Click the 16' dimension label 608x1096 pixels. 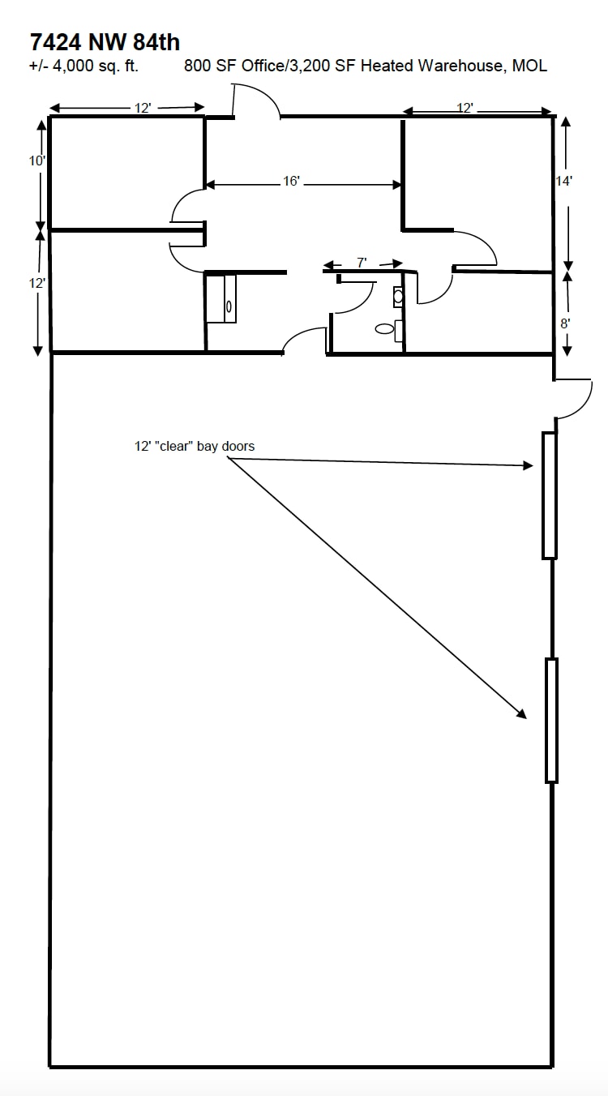(292, 182)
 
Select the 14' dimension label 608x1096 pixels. (564, 182)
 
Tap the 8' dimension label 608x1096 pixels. (566, 322)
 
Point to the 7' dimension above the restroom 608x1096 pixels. (362, 263)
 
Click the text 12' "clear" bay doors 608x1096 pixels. (195, 446)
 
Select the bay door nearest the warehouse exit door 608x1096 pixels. (549, 495)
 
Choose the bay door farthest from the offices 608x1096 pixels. (551, 720)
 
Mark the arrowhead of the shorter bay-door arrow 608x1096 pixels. (528, 465)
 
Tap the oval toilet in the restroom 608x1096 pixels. (384, 329)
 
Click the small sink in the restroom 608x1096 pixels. (398, 297)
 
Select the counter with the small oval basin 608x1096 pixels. (221, 299)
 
